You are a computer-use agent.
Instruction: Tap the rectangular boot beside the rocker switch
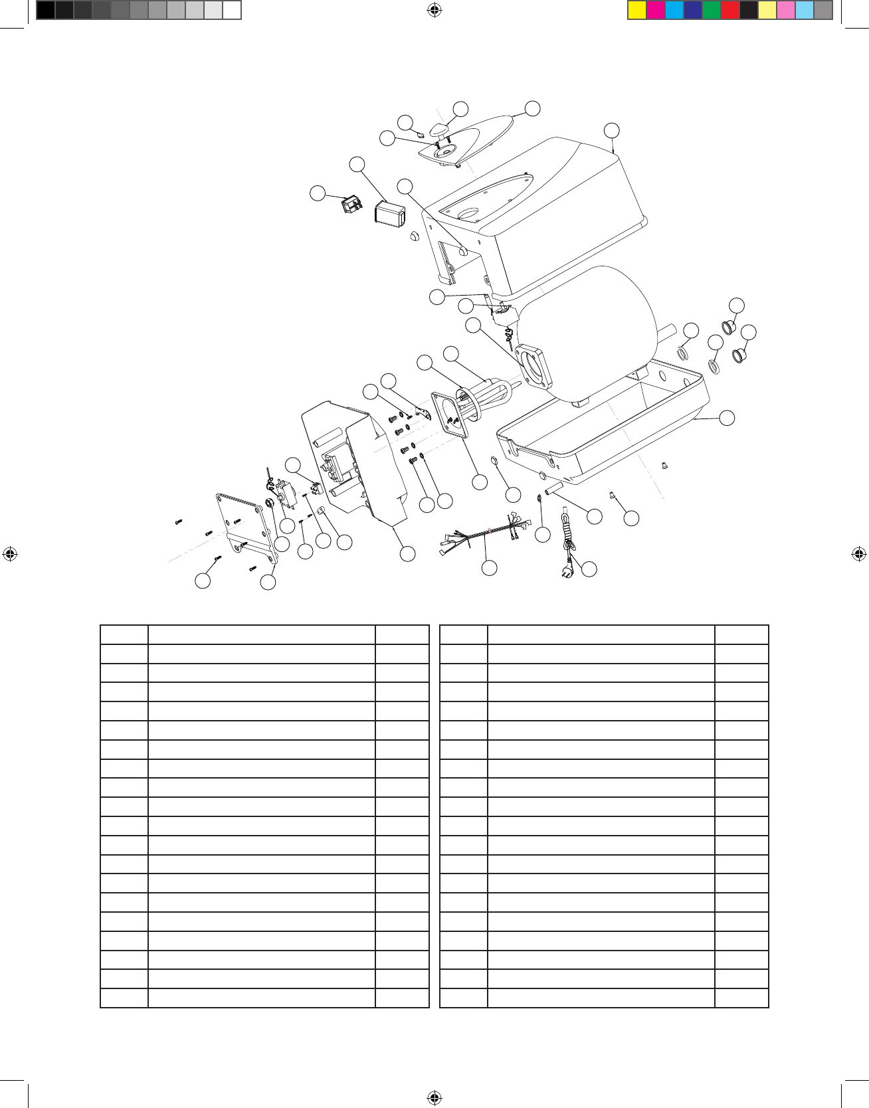point(390,213)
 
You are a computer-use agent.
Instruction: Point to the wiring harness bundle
point(486,533)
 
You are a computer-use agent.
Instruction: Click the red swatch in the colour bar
point(730,11)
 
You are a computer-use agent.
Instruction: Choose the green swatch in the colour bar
point(712,11)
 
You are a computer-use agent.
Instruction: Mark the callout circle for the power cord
point(589,569)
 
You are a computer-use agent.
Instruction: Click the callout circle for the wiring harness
point(489,567)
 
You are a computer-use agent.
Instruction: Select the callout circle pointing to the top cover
point(612,130)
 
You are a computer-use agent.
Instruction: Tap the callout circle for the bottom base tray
point(727,417)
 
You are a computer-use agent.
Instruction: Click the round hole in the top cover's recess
point(468,213)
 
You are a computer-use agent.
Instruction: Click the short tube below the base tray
point(553,491)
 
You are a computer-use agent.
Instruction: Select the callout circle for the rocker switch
point(318,193)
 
